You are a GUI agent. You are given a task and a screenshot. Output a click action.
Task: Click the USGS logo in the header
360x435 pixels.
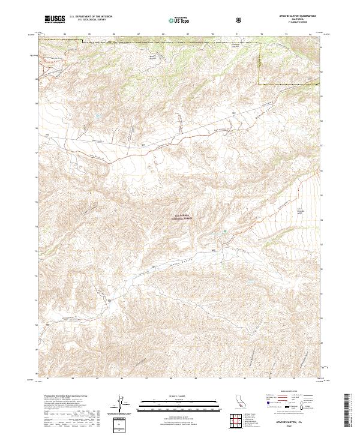click(55, 19)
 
